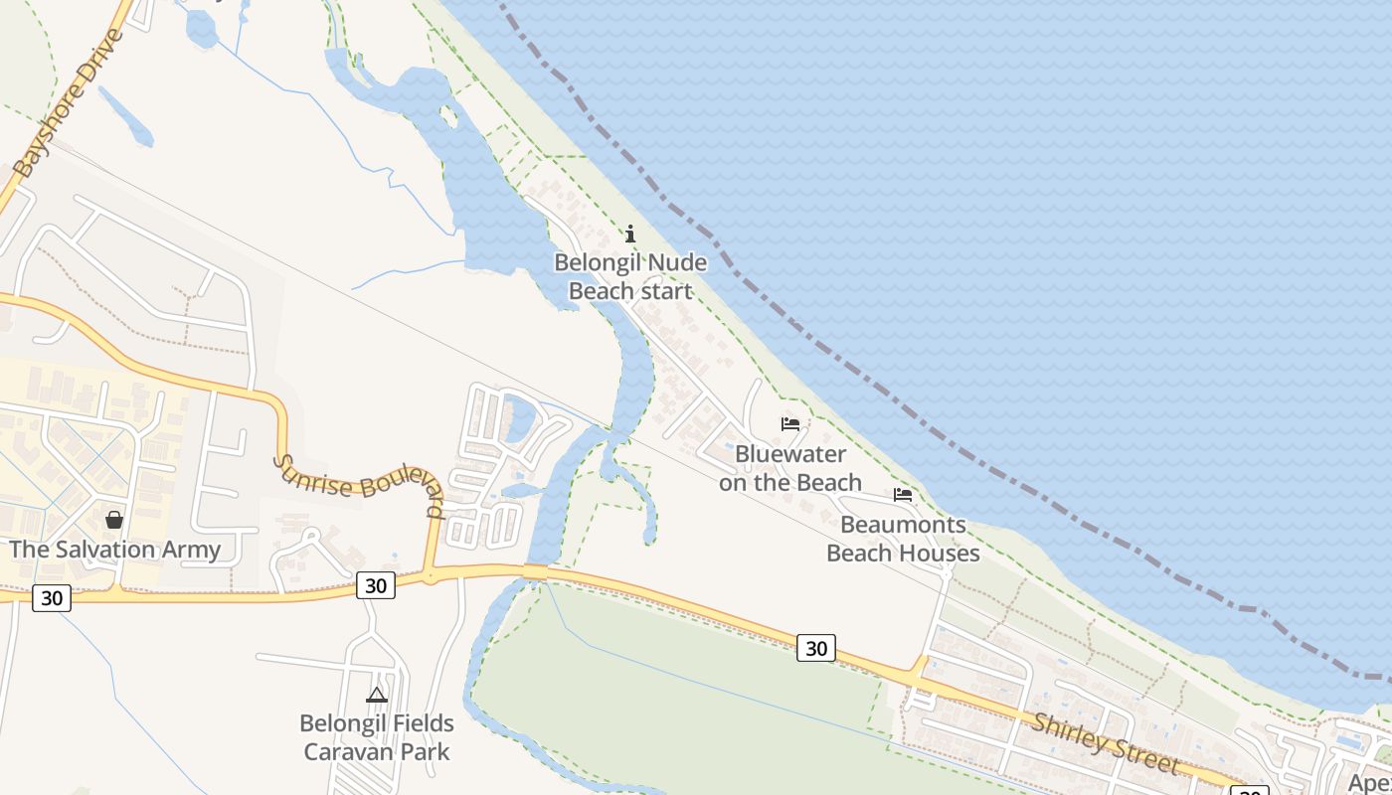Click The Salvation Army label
pos(115,550)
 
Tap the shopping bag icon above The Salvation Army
pos(114,520)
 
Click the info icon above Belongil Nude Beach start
pos(630,235)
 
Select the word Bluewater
pos(790,454)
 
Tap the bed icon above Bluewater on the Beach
pos(790,424)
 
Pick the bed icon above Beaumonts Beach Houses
pos(903,495)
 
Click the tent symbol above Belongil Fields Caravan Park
pos(377,695)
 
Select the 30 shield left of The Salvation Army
pos(52,598)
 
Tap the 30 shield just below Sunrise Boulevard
pos(376,585)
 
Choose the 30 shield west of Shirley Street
pos(815,648)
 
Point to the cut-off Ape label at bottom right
pos(1369,782)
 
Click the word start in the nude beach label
pos(665,291)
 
